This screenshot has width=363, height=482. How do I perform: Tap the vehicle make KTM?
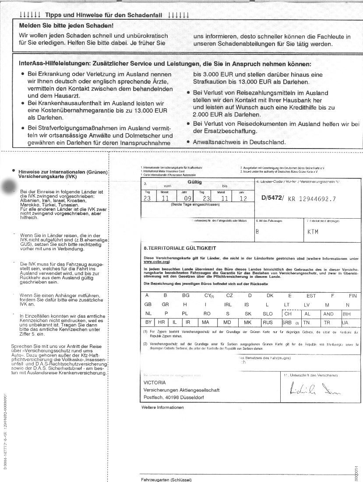point(313,231)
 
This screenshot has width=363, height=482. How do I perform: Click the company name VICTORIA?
point(155,382)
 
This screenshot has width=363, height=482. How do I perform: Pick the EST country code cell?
point(311,296)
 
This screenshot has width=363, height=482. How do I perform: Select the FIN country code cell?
point(353,296)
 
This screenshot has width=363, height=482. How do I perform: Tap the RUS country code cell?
point(267,323)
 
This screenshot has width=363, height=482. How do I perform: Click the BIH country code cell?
point(346,314)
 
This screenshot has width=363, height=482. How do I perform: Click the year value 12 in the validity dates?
point(244,198)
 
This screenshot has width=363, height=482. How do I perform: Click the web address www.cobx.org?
point(156,262)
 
